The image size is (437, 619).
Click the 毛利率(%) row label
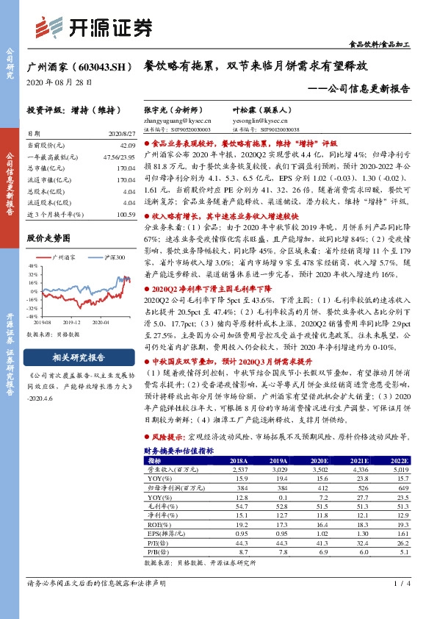(x=160, y=506)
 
